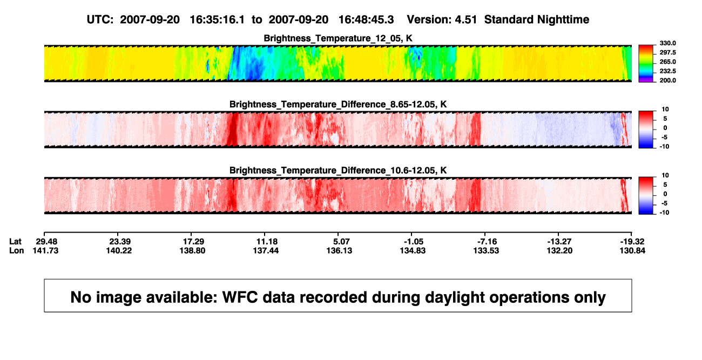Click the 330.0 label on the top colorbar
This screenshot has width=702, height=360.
(x=667, y=43)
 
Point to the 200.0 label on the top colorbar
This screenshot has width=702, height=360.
(x=667, y=80)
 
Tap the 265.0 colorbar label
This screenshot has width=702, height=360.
(x=667, y=62)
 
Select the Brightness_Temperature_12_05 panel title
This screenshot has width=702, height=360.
(x=338, y=38)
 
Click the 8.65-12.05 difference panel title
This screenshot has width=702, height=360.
(x=338, y=105)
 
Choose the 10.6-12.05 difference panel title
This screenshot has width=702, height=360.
(x=338, y=171)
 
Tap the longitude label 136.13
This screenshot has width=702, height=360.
(x=340, y=250)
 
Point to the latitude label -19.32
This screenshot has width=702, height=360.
(x=632, y=242)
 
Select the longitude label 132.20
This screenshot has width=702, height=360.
(x=560, y=250)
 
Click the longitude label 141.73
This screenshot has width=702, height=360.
(x=45, y=250)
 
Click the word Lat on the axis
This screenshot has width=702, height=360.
(x=15, y=242)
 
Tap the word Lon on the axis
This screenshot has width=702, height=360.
(x=16, y=250)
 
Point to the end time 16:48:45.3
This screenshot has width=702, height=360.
(x=366, y=20)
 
